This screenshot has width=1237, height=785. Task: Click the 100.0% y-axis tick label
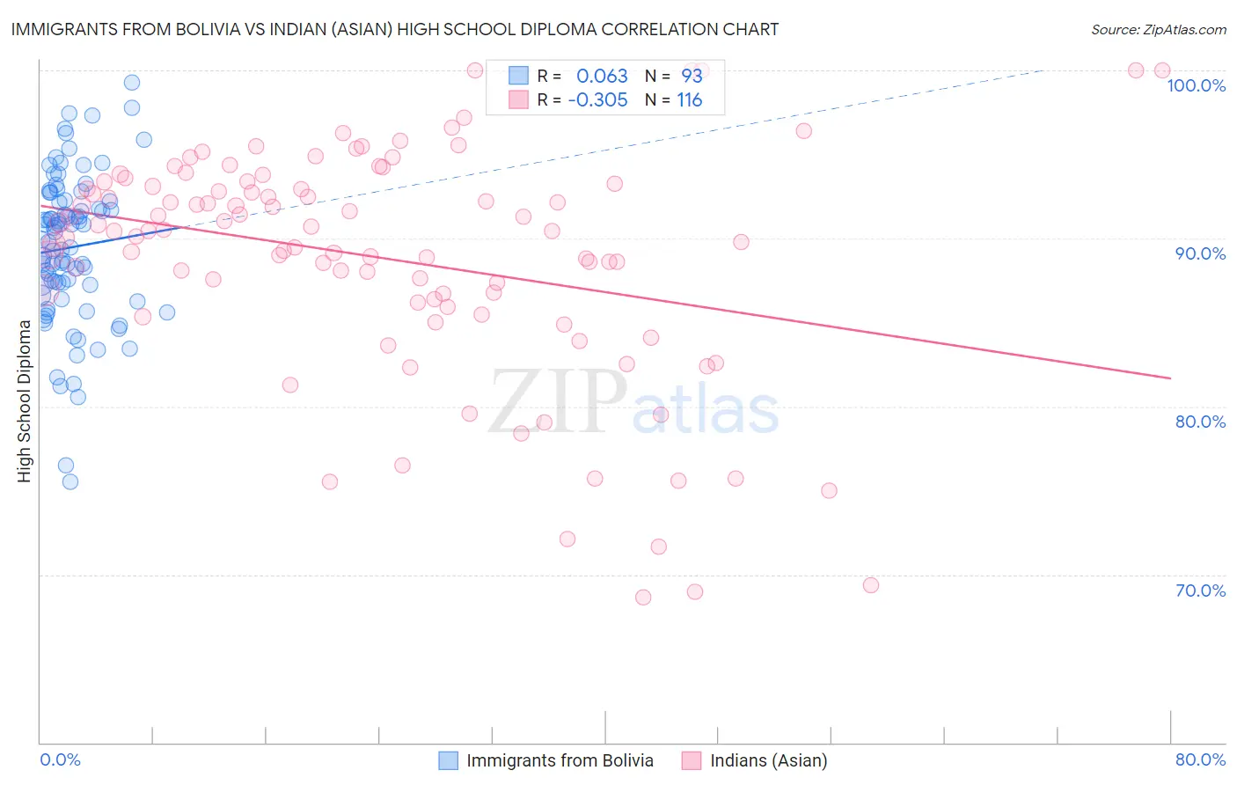[1196, 85]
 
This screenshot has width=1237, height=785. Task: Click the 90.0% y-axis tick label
[1200, 253]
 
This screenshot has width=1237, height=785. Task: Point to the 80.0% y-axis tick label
[1200, 422]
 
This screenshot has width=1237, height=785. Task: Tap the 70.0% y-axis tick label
[1200, 591]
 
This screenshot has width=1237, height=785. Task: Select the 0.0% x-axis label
[60, 759]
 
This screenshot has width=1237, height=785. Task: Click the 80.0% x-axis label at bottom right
[1200, 759]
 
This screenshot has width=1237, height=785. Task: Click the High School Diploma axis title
[25, 400]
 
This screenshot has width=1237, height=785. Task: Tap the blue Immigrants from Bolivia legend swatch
[449, 760]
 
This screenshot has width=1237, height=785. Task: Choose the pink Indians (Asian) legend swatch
[692, 760]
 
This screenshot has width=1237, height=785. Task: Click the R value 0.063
[602, 77]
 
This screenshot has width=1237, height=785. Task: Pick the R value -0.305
[597, 100]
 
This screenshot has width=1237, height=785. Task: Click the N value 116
[690, 100]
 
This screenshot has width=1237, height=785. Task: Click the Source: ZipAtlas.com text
[1158, 30]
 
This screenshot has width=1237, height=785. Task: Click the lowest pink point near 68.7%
[643, 597]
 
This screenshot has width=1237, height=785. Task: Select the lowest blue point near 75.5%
[70, 481]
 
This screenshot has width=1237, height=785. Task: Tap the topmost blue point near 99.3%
[132, 83]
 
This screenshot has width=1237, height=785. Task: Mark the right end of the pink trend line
[1170, 378]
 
